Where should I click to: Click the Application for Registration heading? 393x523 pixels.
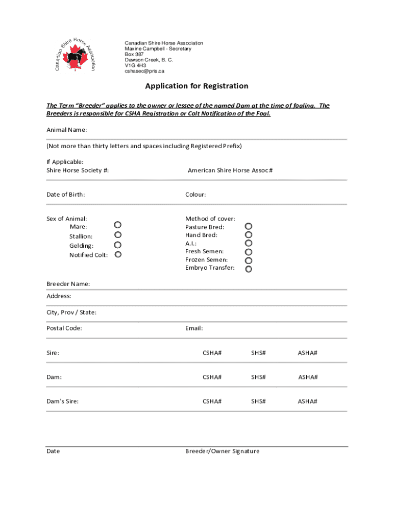coord(196,86)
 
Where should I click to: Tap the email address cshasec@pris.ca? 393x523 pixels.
coord(145,71)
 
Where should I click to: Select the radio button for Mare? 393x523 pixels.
coord(117,225)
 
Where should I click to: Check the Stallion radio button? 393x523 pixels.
coord(117,235)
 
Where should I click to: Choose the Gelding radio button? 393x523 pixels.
coord(117,245)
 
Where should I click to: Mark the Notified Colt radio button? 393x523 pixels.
coord(117,254)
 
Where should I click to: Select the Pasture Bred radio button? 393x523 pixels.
coord(249,226)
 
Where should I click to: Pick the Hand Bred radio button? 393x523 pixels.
coord(249,235)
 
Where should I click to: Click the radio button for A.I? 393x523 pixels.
coord(249,243)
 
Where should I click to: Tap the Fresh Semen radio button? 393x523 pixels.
coord(249,252)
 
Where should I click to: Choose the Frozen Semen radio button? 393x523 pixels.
coord(249,260)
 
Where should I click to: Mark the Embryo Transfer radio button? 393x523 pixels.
coord(249,269)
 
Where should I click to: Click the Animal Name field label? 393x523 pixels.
coord(67,130)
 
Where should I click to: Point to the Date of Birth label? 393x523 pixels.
coord(66,195)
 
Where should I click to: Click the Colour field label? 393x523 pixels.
coord(195,195)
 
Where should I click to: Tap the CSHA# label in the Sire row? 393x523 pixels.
coord(212,353)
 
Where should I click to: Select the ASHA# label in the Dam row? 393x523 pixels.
coord(308,377)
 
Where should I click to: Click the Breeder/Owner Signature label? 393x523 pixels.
coord(222,451)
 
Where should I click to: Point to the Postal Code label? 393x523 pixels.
coord(64,328)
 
